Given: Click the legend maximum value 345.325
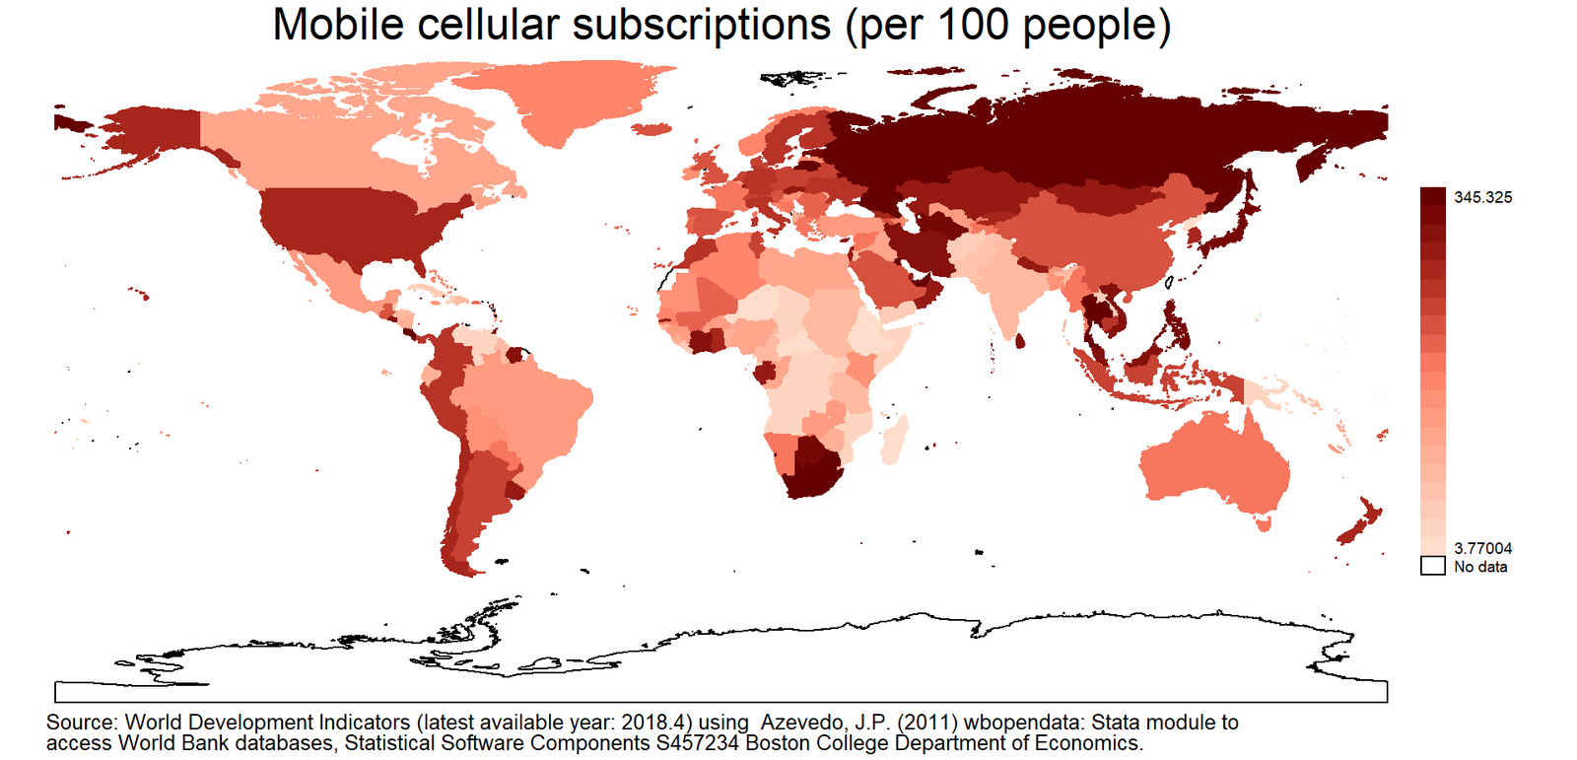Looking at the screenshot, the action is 1482,197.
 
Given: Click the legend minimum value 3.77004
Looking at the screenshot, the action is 1482,548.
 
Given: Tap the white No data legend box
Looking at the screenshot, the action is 1433,566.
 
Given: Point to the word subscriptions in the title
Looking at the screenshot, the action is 701,27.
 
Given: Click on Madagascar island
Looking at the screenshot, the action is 894,441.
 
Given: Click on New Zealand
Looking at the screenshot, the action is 1359,522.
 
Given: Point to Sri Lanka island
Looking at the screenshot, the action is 1019,341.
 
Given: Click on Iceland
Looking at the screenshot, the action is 651,129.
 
